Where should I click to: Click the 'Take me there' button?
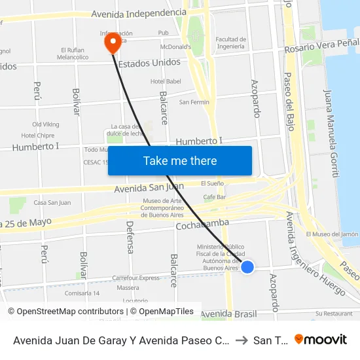179,160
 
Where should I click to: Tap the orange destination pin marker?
113,43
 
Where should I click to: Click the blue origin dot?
247,266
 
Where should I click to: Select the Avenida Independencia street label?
138,13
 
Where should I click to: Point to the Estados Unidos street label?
149,62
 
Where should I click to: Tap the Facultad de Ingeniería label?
230,43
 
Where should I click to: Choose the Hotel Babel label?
166,81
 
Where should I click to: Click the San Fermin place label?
194,101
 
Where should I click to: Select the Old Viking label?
45,124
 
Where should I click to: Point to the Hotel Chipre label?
37,135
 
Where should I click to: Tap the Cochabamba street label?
202,225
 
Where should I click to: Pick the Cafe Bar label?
214,196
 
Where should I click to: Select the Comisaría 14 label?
82,293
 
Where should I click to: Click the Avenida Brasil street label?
228,314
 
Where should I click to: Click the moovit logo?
320,339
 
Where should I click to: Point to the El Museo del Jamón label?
332,234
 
